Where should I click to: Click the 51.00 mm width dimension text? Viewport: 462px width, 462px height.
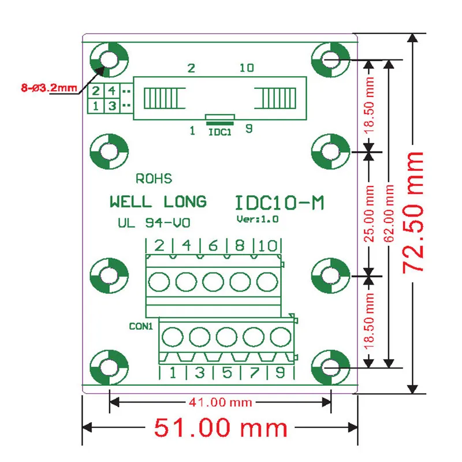[221, 427]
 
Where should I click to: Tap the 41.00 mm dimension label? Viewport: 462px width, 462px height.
[221, 402]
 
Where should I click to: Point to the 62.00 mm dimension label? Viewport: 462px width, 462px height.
[389, 213]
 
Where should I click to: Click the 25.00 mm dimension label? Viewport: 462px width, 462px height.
[369, 213]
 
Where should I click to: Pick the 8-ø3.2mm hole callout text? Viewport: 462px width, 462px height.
[49, 88]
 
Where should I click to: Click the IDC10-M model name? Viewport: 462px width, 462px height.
[280, 203]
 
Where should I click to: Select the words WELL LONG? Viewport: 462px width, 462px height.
[158, 202]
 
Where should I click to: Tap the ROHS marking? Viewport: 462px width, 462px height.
[154, 178]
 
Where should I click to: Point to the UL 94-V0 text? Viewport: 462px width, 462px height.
[154, 223]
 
